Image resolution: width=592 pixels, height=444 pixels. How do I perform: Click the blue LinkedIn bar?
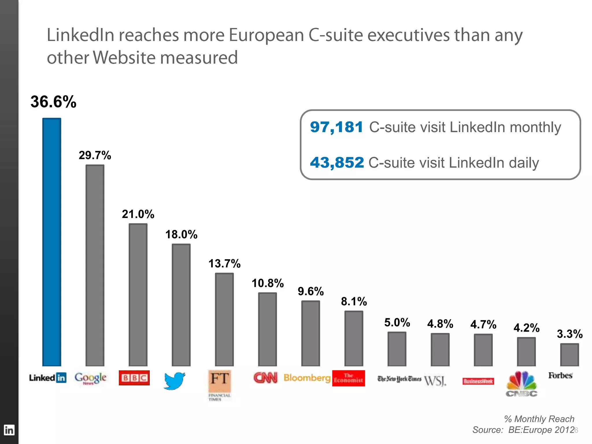(52, 242)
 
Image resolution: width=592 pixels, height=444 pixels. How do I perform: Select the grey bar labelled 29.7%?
(95, 265)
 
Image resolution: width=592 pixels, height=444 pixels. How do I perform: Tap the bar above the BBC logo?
(138, 295)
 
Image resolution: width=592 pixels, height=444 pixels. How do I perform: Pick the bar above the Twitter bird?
(181, 305)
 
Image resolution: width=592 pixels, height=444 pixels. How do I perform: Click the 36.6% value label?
(53, 102)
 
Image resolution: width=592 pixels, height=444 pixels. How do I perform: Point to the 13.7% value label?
(224, 264)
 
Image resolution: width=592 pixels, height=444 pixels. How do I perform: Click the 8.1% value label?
(354, 301)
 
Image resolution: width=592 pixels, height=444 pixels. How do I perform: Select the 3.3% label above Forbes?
(569, 334)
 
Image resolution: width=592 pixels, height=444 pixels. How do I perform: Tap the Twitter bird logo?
(174, 381)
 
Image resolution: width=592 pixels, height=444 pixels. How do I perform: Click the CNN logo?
(265, 378)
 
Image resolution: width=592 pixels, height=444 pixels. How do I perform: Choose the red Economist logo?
(348, 378)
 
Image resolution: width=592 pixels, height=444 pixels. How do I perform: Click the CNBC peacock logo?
(521, 384)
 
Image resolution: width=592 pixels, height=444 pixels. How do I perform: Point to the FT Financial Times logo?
(220, 384)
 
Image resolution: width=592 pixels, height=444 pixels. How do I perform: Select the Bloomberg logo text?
(307, 378)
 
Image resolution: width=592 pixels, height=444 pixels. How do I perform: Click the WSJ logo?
(435, 381)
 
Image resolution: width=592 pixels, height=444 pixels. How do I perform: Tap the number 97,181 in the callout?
(336, 127)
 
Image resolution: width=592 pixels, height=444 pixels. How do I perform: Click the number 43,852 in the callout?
(337, 162)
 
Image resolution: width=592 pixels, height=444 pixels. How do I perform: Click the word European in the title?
(266, 35)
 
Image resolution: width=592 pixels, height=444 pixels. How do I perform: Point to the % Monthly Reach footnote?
(539, 419)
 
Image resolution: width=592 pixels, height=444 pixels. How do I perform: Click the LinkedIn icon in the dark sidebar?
(9, 430)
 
